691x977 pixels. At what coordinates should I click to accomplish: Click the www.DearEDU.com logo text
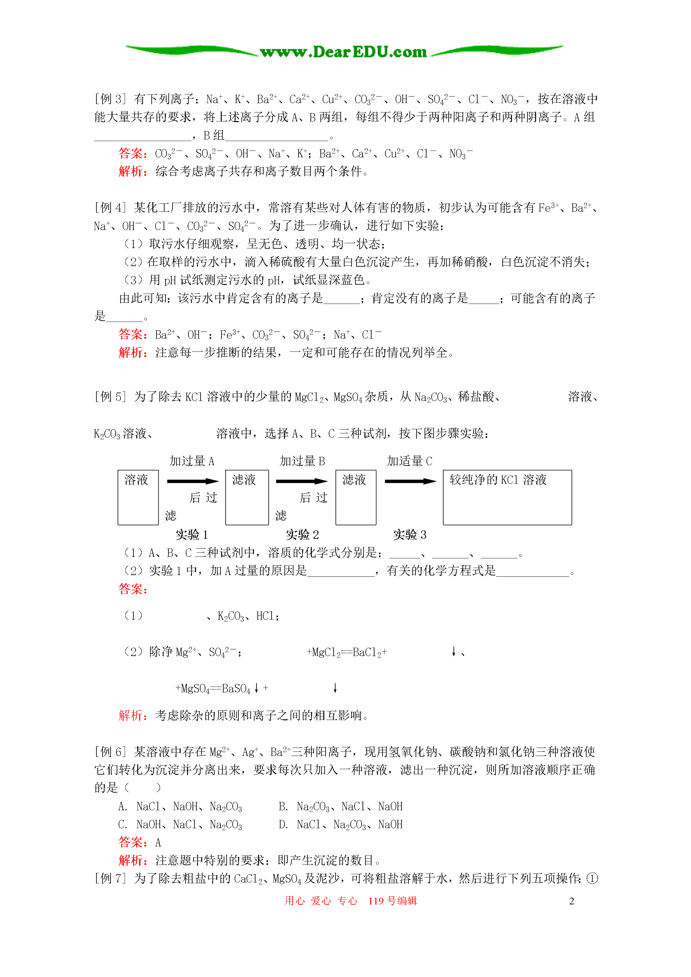pyautogui.click(x=343, y=52)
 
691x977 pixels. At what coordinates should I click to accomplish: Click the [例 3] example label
pyautogui.click(x=110, y=99)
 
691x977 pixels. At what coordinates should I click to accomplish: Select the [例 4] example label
pyautogui.click(x=110, y=208)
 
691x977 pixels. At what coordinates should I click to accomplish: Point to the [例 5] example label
pyautogui.click(x=110, y=396)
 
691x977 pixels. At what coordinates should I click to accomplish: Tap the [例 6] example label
pyautogui.click(x=110, y=752)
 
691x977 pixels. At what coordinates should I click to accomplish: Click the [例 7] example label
pyautogui.click(x=110, y=878)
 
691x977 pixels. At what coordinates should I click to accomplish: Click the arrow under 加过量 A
pyautogui.click(x=193, y=481)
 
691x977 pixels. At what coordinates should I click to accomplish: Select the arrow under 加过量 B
pyautogui.click(x=301, y=481)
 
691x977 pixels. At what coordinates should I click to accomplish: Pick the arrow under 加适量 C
pyautogui.click(x=410, y=481)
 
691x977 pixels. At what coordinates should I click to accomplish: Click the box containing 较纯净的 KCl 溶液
pyautogui.click(x=507, y=497)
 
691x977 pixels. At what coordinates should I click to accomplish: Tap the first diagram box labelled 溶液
pyautogui.click(x=138, y=497)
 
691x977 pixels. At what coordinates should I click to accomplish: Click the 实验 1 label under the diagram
pyautogui.click(x=192, y=535)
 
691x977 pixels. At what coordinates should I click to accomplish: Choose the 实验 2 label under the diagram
pyautogui.click(x=302, y=535)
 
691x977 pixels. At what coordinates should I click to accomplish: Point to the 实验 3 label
pyautogui.click(x=409, y=535)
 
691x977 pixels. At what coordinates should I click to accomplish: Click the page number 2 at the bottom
pyautogui.click(x=571, y=901)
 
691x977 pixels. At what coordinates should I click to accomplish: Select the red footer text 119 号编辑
pyautogui.click(x=392, y=901)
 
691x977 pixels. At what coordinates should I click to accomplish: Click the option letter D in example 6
pyautogui.click(x=283, y=825)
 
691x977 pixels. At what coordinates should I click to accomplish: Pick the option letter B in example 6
pyautogui.click(x=283, y=806)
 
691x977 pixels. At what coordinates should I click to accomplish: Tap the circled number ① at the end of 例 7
pyautogui.click(x=592, y=878)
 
